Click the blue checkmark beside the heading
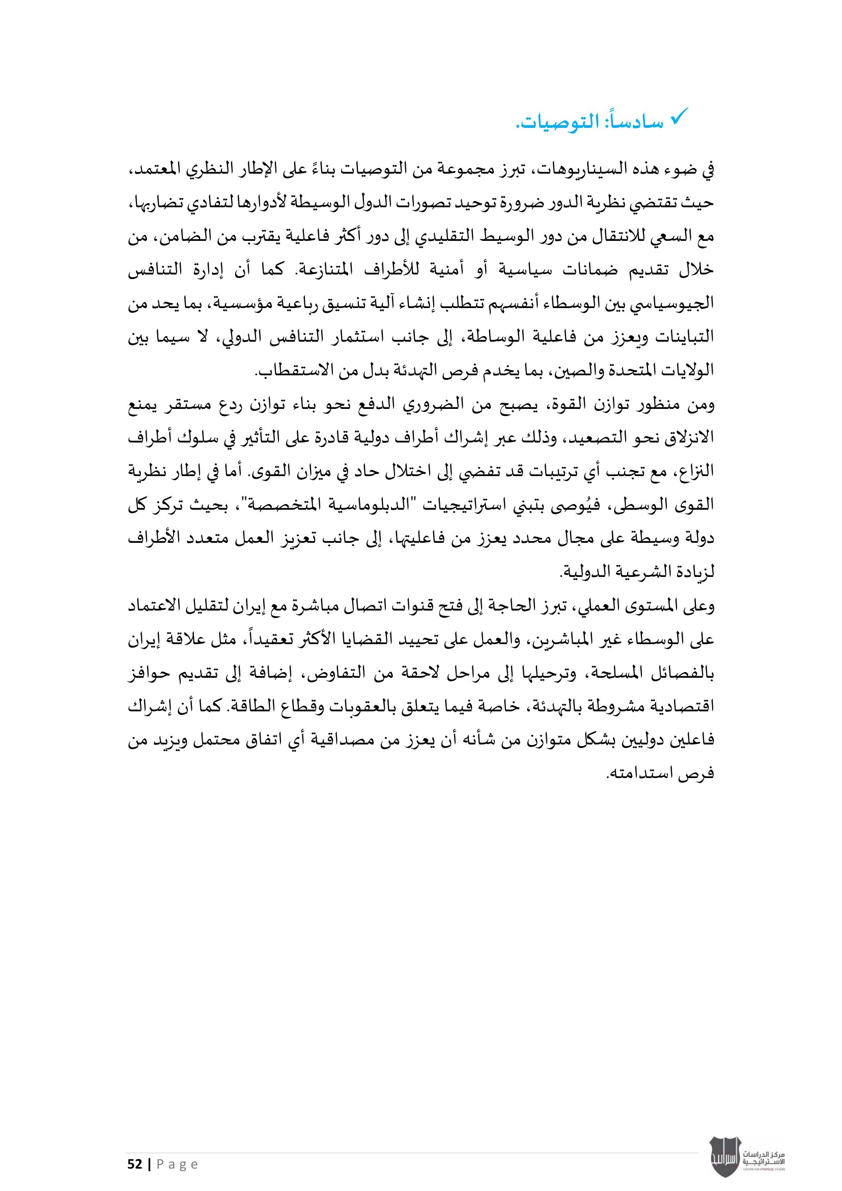click(678, 117)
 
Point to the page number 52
click(135, 1165)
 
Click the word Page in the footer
click(177, 1165)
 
